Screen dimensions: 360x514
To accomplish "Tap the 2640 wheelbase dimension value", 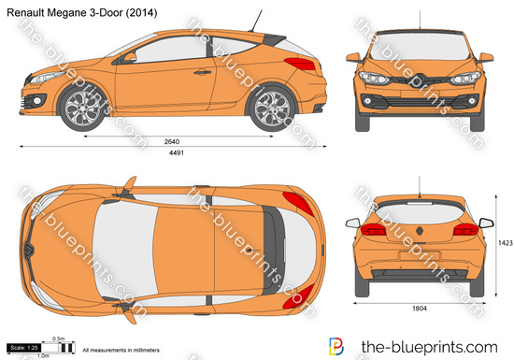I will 170,142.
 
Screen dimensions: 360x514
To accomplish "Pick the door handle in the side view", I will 201,71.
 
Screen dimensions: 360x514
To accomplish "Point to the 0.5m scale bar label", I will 59,338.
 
